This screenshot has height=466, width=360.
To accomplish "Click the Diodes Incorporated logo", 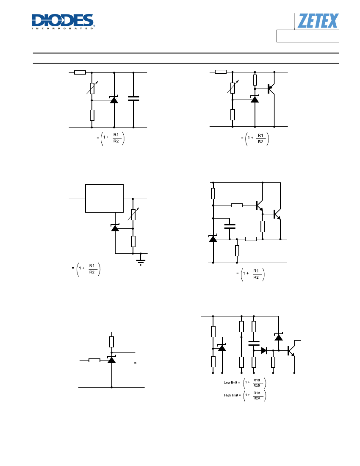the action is (63, 22).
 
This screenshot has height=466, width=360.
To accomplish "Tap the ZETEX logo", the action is (318, 21).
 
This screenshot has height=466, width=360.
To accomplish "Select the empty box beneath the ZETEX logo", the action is (308, 36).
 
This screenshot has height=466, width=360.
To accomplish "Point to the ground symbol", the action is (141, 261).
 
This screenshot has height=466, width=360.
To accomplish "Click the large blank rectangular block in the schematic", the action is (104, 199).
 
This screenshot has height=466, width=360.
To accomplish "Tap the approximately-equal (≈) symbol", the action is (135, 363).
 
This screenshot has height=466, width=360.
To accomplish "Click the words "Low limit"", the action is (230, 383).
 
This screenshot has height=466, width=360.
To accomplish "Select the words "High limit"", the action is (231, 395).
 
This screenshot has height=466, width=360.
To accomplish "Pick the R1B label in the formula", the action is (257, 380).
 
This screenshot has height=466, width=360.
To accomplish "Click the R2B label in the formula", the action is (257, 386).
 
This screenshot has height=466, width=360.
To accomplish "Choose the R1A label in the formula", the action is (257, 393).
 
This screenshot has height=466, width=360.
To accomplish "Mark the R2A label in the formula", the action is (257, 398).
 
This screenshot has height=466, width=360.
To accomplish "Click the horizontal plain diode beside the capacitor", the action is (264, 350).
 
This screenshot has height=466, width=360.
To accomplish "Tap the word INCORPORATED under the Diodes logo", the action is (63, 28).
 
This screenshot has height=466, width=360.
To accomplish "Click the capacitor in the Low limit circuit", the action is (254, 343).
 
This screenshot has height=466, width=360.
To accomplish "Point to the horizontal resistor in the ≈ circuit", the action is (94, 360).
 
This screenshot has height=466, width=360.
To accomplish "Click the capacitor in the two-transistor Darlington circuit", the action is (230, 227).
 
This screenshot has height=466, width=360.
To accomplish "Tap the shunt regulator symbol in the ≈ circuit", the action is (111, 360).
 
